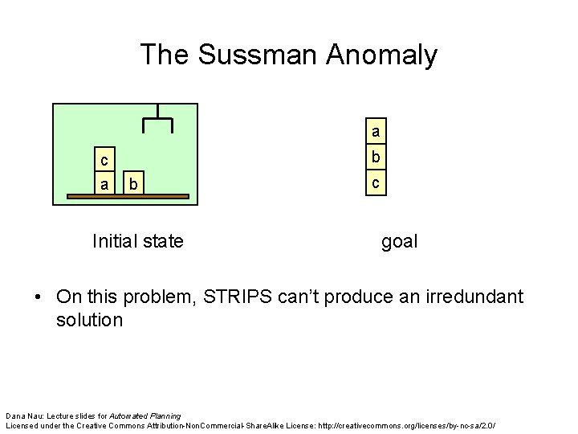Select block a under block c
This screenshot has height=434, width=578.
click(x=104, y=184)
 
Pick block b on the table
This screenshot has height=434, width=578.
click(x=135, y=186)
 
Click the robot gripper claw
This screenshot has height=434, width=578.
click(x=157, y=120)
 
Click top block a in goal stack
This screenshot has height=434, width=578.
click(x=375, y=130)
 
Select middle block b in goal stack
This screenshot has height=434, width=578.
click(x=375, y=157)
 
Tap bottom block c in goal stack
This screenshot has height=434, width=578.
click(x=375, y=183)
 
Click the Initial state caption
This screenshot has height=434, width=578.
click(x=138, y=240)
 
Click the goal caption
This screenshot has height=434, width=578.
click(x=399, y=240)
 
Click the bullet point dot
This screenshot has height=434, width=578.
click(x=39, y=297)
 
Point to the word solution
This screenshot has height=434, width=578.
click(x=89, y=320)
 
